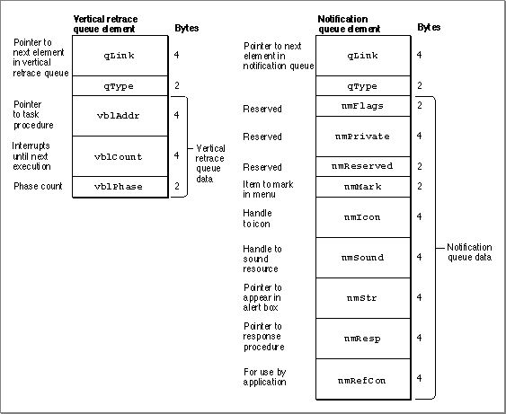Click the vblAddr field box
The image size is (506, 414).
[x=120, y=116]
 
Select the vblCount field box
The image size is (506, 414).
[x=120, y=156]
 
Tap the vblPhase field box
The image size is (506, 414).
[x=120, y=187]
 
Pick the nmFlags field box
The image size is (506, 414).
[x=363, y=106]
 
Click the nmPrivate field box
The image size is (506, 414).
[x=363, y=137]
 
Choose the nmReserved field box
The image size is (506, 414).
[x=363, y=167]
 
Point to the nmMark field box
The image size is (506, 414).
[x=363, y=187]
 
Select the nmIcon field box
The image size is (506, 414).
[x=363, y=217]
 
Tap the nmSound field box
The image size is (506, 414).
[x=363, y=258]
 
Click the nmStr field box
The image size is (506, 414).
[x=363, y=298]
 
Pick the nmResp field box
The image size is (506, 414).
[x=363, y=339]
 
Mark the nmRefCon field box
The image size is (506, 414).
[x=363, y=380]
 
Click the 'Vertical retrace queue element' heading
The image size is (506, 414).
[x=105, y=24]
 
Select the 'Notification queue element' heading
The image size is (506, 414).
[x=349, y=24]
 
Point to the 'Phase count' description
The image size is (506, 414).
[x=38, y=186]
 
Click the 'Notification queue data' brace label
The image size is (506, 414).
[x=469, y=252]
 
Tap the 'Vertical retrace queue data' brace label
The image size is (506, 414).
[x=210, y=163]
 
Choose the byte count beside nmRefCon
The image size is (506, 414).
[x=419, y=378]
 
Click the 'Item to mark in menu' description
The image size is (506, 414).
[x=268, y=189]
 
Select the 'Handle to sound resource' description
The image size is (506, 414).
[x=262, y=259]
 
